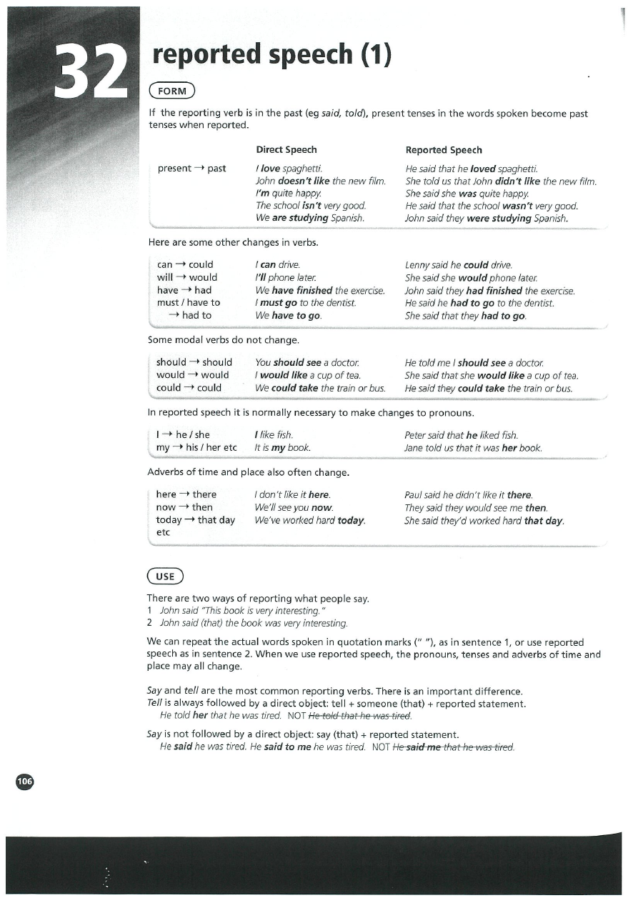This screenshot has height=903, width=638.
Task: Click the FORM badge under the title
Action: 171,91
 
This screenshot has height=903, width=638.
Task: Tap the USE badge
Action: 165,577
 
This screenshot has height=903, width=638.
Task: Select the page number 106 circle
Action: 25,782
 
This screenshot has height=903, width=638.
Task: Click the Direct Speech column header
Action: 286,150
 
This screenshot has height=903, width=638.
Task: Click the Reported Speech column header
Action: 443,150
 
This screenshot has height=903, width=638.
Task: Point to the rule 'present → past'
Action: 191,169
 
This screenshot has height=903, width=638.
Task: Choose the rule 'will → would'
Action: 186,277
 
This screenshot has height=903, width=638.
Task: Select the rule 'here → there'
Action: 186,494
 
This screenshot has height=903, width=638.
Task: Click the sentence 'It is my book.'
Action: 282,448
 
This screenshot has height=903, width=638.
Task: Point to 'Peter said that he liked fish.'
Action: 461,435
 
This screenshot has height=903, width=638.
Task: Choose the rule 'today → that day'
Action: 195,520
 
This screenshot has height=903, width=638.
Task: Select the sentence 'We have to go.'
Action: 288,316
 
